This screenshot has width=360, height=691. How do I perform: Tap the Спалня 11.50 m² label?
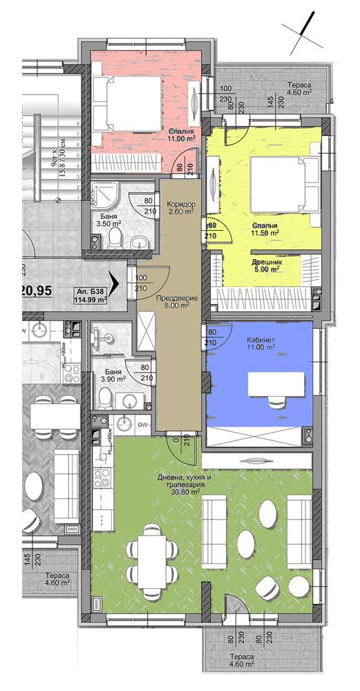[x=265, y=229]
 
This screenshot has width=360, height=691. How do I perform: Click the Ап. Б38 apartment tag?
[x=92, y=296]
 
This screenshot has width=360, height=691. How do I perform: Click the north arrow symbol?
[x=303, y=32]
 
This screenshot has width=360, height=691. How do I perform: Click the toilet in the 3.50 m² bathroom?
[x=116, y=238]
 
